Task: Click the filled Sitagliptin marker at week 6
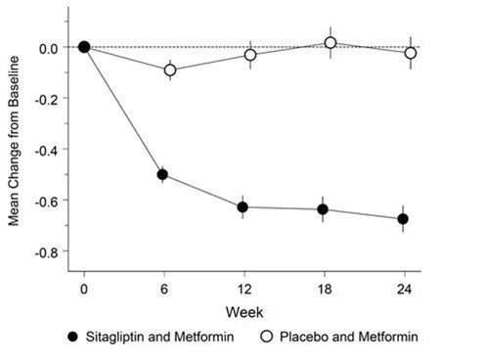(x=162, y=174)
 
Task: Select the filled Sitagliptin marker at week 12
(x=243, y=207)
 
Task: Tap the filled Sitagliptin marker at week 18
(x=323, y=209)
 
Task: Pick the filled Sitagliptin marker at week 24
(x=403, y=219)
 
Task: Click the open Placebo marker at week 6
(x=170, y=70)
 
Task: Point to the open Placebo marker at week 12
(x=250, y=55)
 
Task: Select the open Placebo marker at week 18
(x=331, y=43)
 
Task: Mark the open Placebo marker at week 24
(x=411, y=53)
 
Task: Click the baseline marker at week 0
(x=84, y=47)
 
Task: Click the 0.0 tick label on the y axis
(x=48, y=49)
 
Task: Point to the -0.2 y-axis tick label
(x=46, y=100)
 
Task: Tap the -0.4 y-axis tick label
(x=46, y=151)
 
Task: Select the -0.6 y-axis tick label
(x=46, y=202)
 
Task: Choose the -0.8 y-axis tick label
(x=46, y=252)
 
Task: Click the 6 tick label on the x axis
(x=164, y=290)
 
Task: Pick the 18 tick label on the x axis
(x=325, y=290)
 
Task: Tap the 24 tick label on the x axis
(x=404, y=290)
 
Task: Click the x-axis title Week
(x=244, y=312)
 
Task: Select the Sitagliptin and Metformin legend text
(x=159, y=337)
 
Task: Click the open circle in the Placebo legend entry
(x=267, y=337)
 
